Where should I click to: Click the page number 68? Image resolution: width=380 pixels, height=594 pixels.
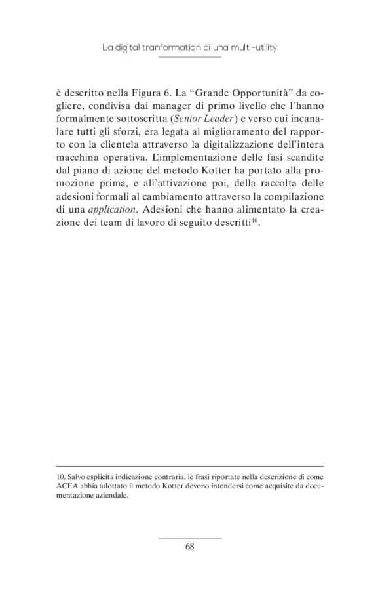point(190,546)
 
